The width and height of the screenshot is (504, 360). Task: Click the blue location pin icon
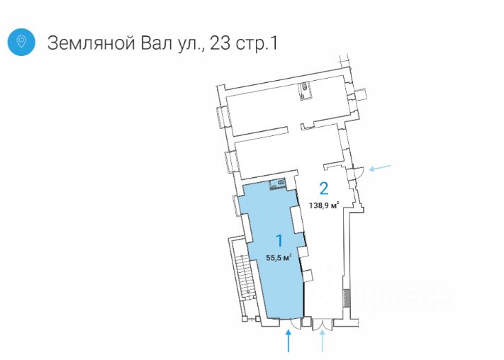[22, 42]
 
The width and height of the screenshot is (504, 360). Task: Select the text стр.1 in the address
[256, 43]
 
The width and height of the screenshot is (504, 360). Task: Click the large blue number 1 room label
[279, 240]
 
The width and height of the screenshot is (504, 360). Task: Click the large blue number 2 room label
[324, 189]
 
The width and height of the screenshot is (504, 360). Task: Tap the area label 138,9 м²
[324, 206]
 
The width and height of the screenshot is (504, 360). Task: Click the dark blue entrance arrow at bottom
[289, 342]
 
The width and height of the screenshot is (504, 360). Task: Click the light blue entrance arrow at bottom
[323, 342]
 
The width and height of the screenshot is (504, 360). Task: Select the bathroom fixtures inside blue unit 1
[278, 185]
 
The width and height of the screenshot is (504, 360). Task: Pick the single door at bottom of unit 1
[290, 325]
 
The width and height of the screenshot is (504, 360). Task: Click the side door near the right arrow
[358, 170]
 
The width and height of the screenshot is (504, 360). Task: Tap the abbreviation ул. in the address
[192, 43]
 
